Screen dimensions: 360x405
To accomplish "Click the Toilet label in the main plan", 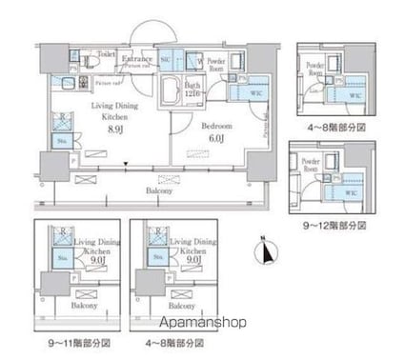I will (106, 55).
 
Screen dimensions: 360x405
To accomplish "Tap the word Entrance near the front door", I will (136, 58).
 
